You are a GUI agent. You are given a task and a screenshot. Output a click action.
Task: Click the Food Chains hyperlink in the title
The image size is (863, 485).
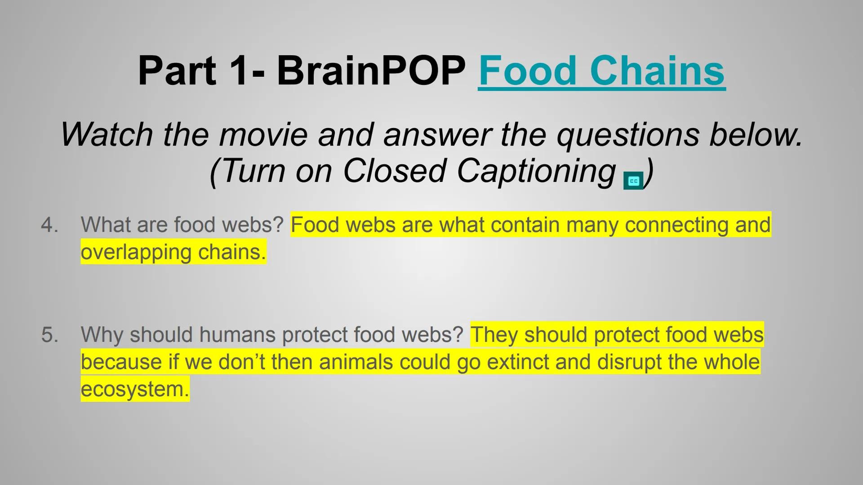click(601, 71)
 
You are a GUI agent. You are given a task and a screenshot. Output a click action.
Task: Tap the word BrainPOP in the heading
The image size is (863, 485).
click(371, 71)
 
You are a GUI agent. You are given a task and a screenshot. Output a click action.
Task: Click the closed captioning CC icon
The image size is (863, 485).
click(633, 181)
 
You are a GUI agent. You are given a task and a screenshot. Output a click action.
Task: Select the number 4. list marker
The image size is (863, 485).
click(49, 225)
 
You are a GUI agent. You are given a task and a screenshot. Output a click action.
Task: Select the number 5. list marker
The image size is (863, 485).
click(49, 335)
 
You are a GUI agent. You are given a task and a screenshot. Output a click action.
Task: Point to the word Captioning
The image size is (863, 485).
click(536, 171)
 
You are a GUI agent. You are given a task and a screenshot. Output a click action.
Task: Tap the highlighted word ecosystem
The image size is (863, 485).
click(134, 389)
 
